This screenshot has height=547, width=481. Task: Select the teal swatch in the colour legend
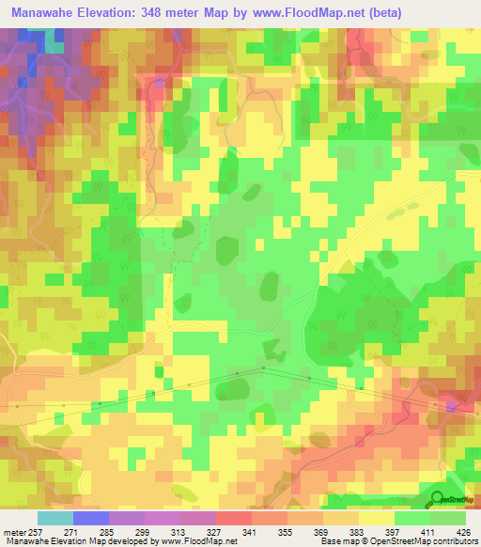click(54, 518)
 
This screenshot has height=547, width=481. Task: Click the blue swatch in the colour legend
click(90, 518)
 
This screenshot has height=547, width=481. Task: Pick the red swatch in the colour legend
click(233, 518)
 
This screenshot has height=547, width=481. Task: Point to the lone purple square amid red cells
click(452, 407)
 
